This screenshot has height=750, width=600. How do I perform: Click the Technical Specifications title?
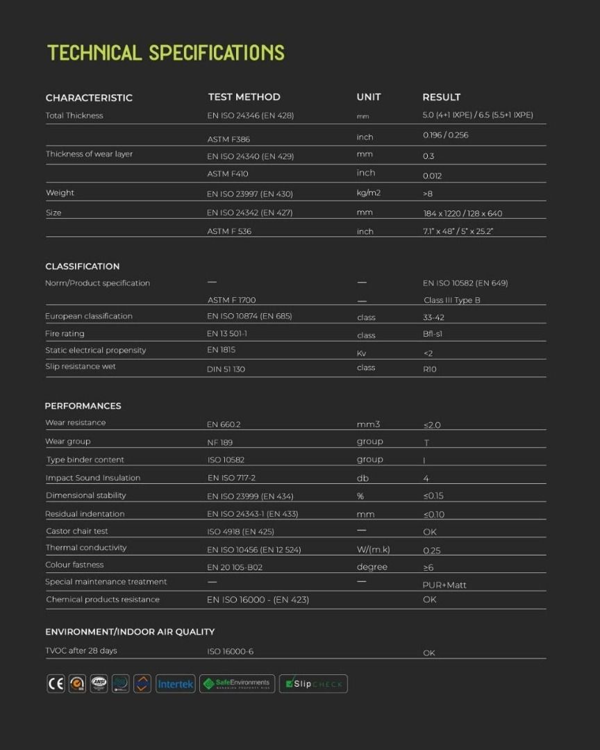(166, 53)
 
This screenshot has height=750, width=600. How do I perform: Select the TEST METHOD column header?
(244, 97)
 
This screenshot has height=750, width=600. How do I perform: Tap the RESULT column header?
(441, 97)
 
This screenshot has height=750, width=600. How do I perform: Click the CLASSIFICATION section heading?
(83, 267)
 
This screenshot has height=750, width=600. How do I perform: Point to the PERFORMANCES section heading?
(83, 406)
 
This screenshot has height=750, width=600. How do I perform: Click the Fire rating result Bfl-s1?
(433, 334)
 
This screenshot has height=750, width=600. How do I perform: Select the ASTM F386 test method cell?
(228, 140)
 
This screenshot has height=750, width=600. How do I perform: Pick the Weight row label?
(60, 193)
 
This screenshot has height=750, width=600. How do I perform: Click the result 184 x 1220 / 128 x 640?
(462, 213)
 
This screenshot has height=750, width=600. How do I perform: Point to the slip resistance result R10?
(430, 369)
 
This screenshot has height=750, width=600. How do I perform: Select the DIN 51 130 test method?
(226, 369)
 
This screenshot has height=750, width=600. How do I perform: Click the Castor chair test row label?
(77, 531)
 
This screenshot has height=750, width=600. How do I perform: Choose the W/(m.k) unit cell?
(373, 549)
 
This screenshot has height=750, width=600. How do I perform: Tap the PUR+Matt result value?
(444, 585)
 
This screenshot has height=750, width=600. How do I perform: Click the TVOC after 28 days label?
(81, 651)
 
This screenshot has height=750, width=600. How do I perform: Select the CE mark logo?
(56, 684)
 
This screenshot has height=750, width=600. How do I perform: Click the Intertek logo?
(175, 684)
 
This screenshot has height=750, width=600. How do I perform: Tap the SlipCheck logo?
(313, 684)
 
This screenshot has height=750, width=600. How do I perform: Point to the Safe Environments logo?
(237, 684)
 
